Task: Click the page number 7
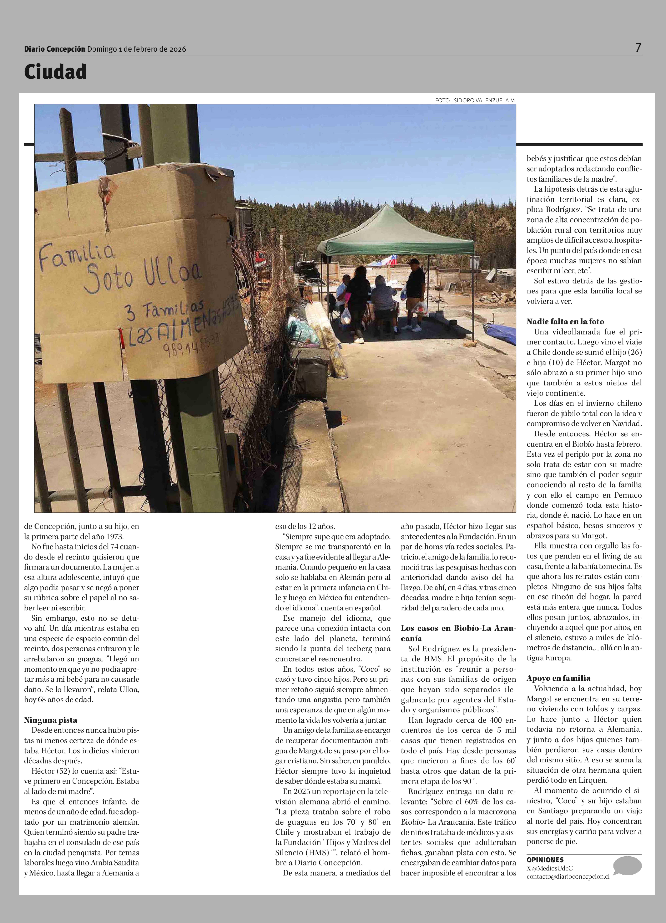pyautogui.click(x=638, y=48)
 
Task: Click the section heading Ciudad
pyautogui.click(x=55, y=72)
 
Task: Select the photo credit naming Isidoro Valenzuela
pyautogui.click(x=475, y=100)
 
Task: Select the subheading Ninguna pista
pyautogui.click(x=50, y=720)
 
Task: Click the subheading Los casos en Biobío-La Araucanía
pyautogui.click(x=458, y=633)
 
